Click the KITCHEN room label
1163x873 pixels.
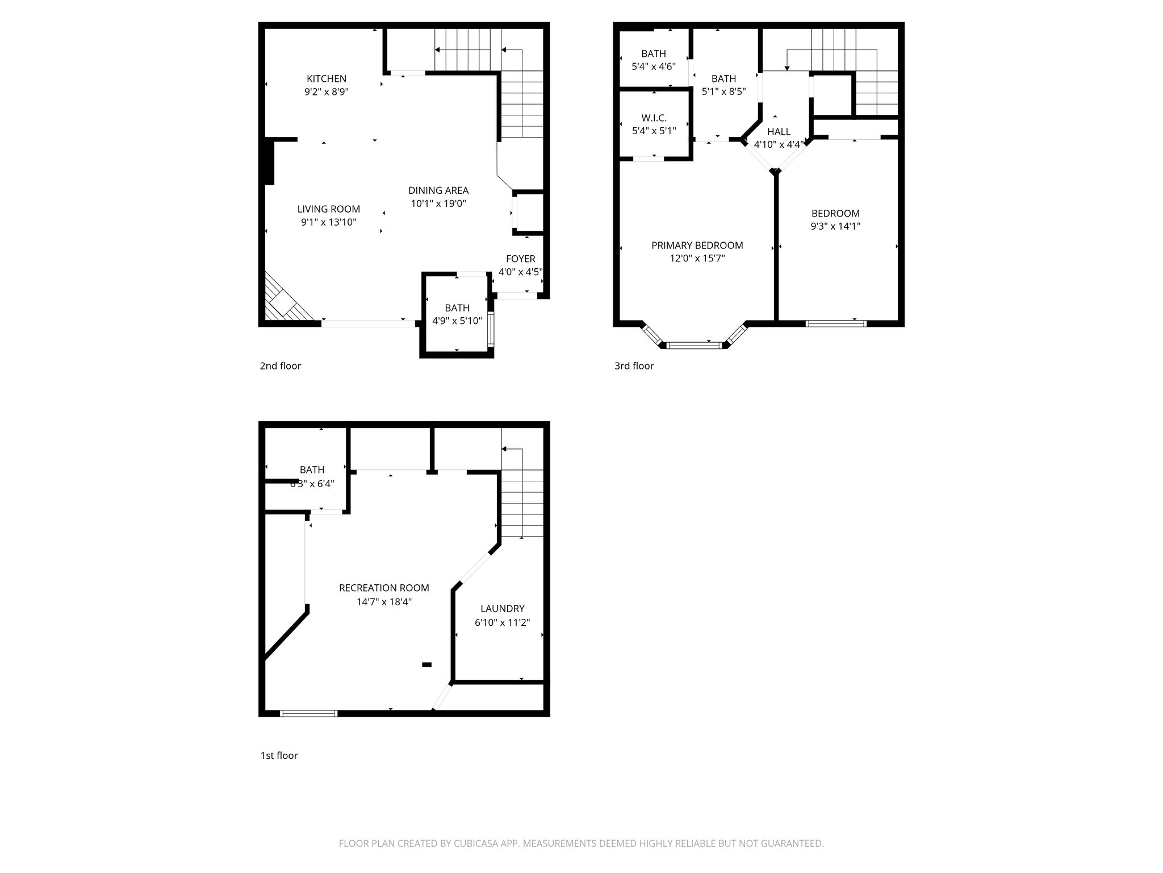pyautogui.click(x=326, y=78)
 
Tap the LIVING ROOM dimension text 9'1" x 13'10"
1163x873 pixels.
pyautogui.click(x=328, y=222)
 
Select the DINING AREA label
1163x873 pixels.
pyautogui.click(x=438, y=190)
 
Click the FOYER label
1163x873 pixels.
pyautogui.click(x=520, y=259)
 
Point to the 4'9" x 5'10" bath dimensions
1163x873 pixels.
pyautogui.click(x=457, y=321)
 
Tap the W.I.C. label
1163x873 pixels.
pyautogui.click(x=654, y=118)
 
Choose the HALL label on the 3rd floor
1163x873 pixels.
pyautogui.click(x=779, y=132)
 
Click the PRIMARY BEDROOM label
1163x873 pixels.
pyautogui.click(x=697, y=246)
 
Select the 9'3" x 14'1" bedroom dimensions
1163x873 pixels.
pyautogui.click(x=835, y=226)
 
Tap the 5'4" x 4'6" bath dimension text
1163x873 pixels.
pyautogui.click(x=654, y=66)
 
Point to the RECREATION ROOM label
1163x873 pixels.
pyautogui.click(x=384, y=588)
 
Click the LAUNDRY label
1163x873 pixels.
pyautogui.click(x=502, y=609)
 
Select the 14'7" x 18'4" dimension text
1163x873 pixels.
pyautogui.click(x=384, y=602)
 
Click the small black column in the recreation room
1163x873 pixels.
pyautogui.click(x=426, y=664)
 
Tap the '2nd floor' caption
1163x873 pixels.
pyautogui.click(x=280, y=366)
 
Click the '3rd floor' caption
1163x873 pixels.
pyautogui.click(x=634, y=366)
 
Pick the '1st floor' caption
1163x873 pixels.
pyautogui.click(x=279, y=755)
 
